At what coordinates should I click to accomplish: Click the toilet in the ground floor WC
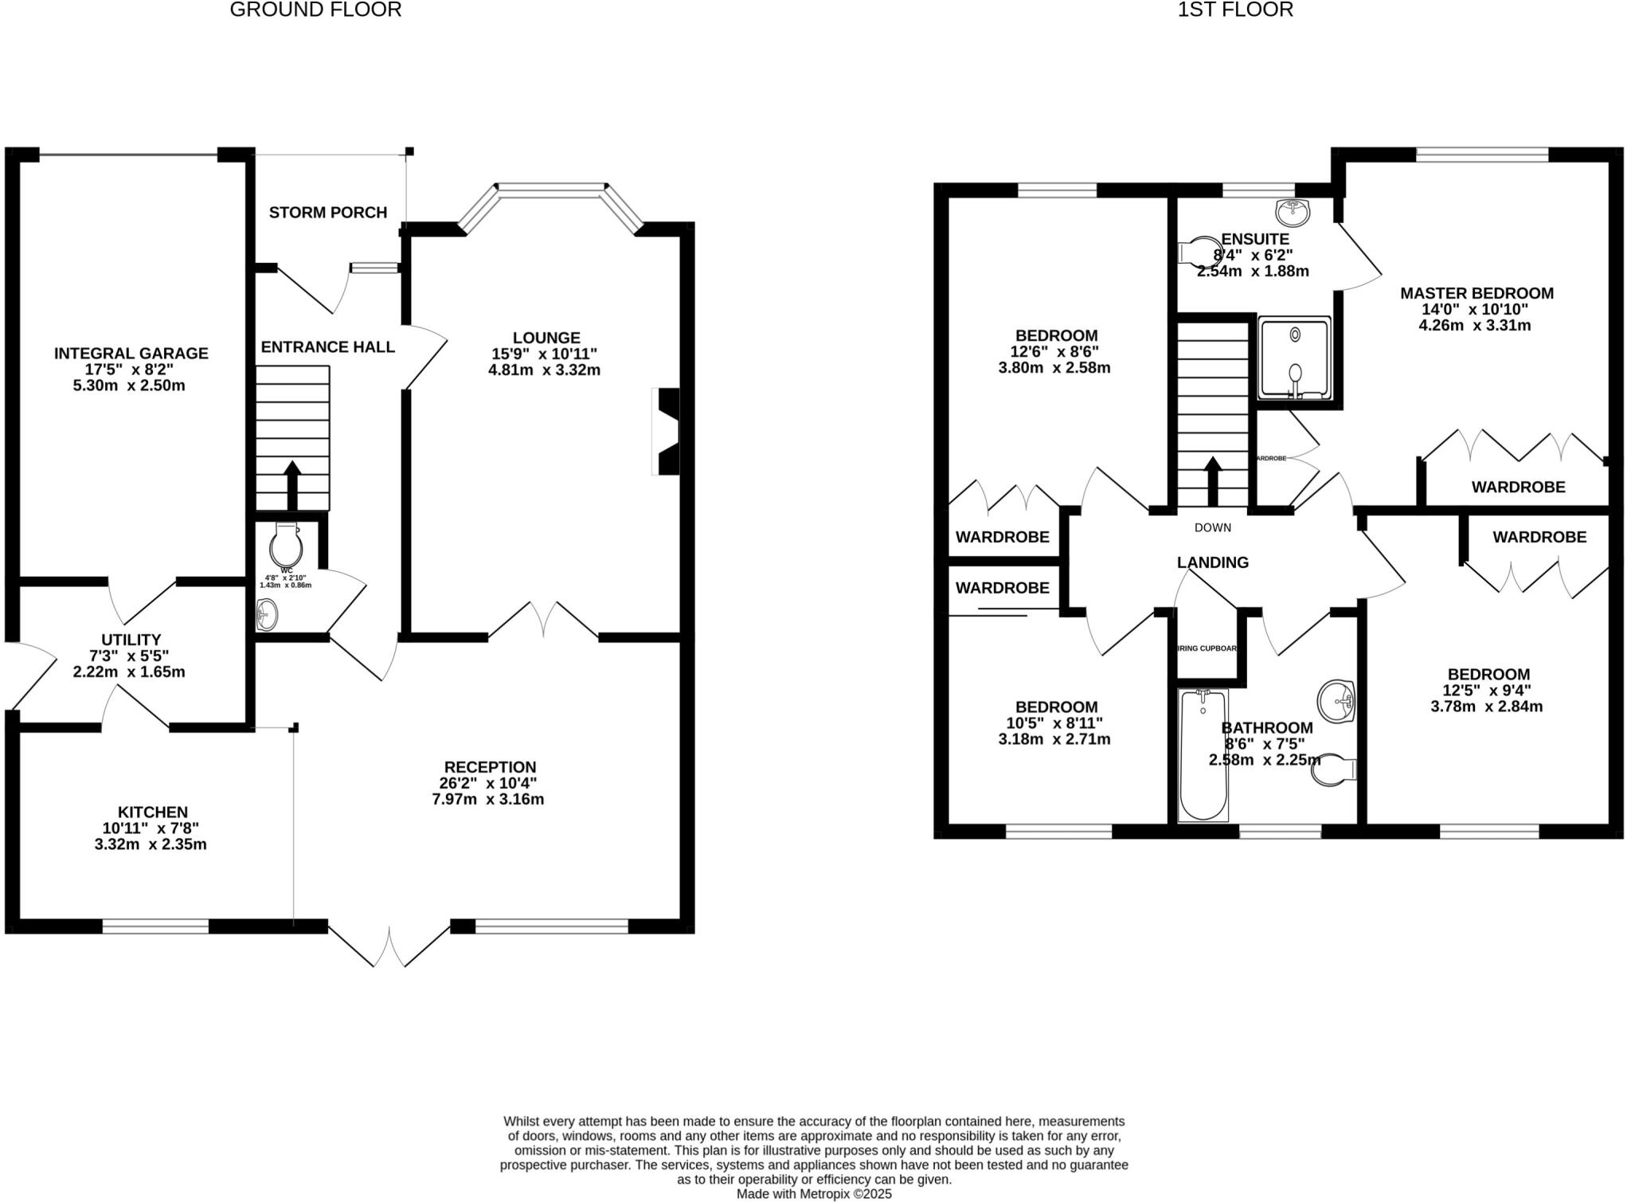coord(286,545)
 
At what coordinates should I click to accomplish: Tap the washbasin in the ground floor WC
coord(267,614)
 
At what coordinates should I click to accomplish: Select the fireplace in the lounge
coord(667,432)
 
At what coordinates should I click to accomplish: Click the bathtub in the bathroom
coord(1203,755)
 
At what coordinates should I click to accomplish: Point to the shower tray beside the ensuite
coord(1294,358)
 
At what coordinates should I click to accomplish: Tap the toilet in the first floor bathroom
coord(1335,769)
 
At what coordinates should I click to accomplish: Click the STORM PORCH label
coord(328,213)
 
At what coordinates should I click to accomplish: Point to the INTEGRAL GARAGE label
coord(131,353)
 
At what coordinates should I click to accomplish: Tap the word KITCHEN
coord(153,812)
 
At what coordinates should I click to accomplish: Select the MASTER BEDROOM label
coord(1477,293)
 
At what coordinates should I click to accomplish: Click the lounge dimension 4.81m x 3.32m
coord(544,370)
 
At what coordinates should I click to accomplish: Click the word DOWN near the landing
coord(1212,527)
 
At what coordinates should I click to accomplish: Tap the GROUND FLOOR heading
coord(315,10)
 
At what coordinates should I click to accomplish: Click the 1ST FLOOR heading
coord(1235,10)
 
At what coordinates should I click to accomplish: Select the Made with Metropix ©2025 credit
coord(814,1193)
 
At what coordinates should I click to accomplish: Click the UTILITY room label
coord(131,640)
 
